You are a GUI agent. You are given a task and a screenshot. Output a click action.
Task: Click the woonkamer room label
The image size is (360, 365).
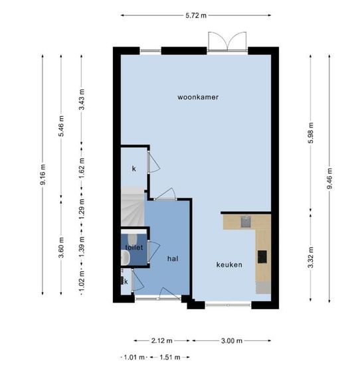pos(198,97)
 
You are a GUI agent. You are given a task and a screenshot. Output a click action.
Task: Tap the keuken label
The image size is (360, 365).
pos(229,265)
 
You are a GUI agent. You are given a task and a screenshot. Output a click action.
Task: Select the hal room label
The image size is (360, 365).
pos(173,259)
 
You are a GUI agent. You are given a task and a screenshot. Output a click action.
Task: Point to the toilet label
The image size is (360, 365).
pos(134,248)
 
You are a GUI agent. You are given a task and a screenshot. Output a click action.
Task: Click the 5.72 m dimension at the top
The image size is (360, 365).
pos(196,16)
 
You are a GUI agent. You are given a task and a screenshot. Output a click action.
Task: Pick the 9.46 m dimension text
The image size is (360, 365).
pos(329,179)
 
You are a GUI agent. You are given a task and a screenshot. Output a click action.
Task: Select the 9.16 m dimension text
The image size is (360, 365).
pos(43,175)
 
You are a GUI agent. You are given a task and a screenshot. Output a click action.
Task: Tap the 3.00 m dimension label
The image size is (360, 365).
pos(232,341)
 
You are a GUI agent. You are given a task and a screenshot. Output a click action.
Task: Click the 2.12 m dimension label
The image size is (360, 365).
pos(161,341)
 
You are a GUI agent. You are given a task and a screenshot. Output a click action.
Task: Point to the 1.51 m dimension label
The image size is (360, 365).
pos(170,357)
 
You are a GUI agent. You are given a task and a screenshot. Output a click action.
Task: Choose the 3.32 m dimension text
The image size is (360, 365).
pos(311,257)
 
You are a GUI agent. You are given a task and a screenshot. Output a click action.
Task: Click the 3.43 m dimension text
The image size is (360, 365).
pos(82,100)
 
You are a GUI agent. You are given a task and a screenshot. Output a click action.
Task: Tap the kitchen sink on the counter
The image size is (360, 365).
pos(246,222)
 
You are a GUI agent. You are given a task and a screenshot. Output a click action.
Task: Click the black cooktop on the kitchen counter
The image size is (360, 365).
pos(262,257)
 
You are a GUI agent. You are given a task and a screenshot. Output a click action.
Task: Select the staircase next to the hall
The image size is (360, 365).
pos(132,206)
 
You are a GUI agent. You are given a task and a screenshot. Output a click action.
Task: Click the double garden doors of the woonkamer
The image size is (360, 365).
pos(227,41)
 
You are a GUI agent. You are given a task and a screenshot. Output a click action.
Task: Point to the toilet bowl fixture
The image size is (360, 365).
pos(133,239)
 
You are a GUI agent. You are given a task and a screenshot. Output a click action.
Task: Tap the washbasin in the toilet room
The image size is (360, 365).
pos(125,257)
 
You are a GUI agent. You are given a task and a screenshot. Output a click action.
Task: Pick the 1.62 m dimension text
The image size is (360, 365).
pos(82,168)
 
